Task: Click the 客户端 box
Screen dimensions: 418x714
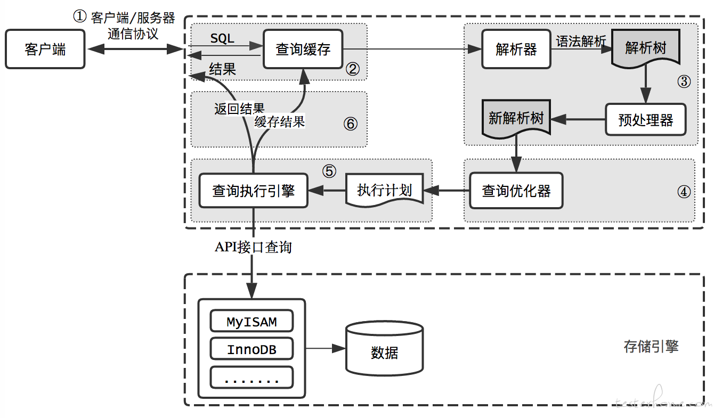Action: click(x=45, y=50)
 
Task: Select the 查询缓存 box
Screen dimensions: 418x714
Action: click(x=303, y=50)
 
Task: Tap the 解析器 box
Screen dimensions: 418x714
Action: click(x=516, y=50)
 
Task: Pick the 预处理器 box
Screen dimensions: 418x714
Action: click(x=645, y=120)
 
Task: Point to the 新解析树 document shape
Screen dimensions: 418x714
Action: click(x=516, y=118)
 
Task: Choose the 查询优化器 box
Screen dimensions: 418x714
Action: click(x=516, y=191)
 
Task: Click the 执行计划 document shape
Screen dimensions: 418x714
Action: click(x=385, y=190)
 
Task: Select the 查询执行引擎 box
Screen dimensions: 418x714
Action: click(x=253, y=191)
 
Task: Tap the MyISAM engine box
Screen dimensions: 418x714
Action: click(x=251, y=322)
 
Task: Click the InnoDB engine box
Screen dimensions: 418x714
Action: click(x=251, y=350)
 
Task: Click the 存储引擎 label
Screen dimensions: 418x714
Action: click(x=651, y=347)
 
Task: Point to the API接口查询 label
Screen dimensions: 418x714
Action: click(x=253, y=247)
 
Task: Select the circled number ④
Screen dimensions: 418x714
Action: click(x=683, y=192)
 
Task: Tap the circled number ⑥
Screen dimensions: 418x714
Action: click(x=350, y=124)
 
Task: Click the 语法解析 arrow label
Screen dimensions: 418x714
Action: click(x=580, y=41)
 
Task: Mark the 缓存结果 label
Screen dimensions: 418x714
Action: click(x=279, y=121)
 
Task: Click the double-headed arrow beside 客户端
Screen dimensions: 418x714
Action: click(x=135, y=50)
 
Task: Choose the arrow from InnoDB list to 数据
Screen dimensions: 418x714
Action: click(x=326, y=349)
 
